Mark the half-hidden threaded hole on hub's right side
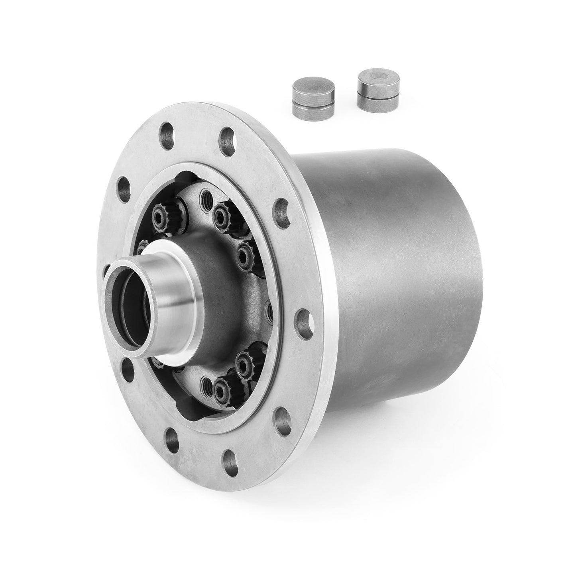click(x=268, y=309)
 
